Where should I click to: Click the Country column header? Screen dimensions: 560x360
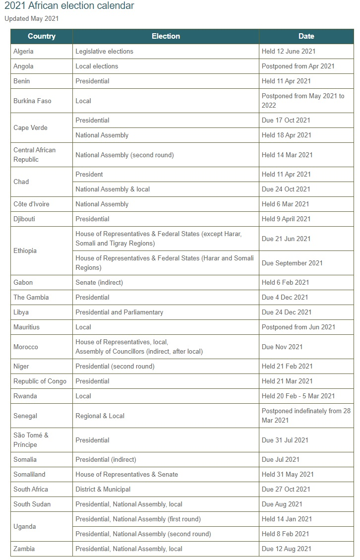[x=42, y=36]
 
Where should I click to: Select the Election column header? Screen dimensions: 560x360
[x=166, y=36]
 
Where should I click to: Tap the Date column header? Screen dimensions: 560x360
[x=306, y=36]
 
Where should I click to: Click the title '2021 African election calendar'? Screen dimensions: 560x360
[x=69, y=6]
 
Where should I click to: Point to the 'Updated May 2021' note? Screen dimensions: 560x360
[x=32, y=19]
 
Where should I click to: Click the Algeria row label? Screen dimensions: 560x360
[x=24, y=51]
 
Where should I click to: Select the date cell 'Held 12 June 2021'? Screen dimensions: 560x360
[x=289, y=51]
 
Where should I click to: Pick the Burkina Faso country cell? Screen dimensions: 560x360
[x=32, y=101]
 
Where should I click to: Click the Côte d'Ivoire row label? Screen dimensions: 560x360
[x=31, y=204]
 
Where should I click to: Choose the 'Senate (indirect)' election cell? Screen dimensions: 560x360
[x=99, y=282]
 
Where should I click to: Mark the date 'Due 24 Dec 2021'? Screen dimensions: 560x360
[x=287, y=312]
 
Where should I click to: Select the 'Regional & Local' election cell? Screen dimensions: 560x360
[x=100, y=416]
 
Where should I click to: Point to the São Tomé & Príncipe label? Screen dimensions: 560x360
[x=31, y=440]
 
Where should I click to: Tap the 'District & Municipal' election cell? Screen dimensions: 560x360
[x=103, y=489]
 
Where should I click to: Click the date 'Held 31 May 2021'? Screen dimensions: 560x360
[x=288, y=474]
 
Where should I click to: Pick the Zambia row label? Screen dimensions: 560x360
[x=24, y=549]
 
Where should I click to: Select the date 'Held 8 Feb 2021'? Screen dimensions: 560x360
[x=285, y=534]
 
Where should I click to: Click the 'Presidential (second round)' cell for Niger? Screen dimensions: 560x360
[x=115, y=366]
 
